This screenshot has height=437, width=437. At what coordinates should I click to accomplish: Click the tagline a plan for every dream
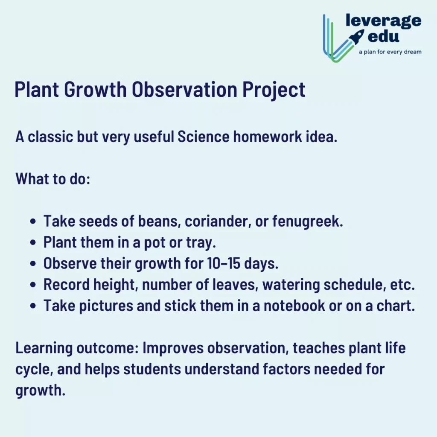(x=390, y=52)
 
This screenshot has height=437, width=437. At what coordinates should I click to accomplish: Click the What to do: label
(x=52, y=178)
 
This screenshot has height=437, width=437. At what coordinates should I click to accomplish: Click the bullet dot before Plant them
(x=33, y=243)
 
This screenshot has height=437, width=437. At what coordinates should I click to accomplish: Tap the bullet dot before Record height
(x=33, y=285)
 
